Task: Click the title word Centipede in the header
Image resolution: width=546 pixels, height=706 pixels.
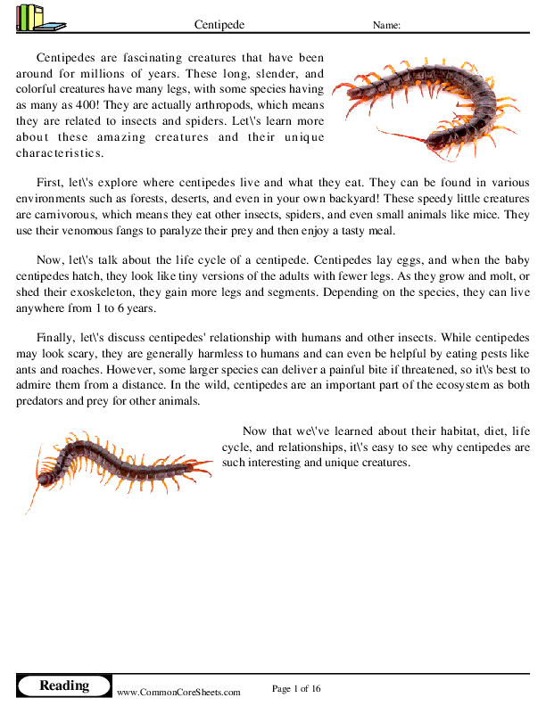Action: (x=219, y=25)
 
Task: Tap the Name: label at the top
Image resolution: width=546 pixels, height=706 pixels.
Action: (x=386, y=25)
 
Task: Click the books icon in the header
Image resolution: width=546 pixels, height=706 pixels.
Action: (x=39, y=18)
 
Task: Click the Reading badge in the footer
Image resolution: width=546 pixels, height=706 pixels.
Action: (x=64, y=685)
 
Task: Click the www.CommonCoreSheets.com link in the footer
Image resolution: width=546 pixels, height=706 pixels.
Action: (x=178, y=692)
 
